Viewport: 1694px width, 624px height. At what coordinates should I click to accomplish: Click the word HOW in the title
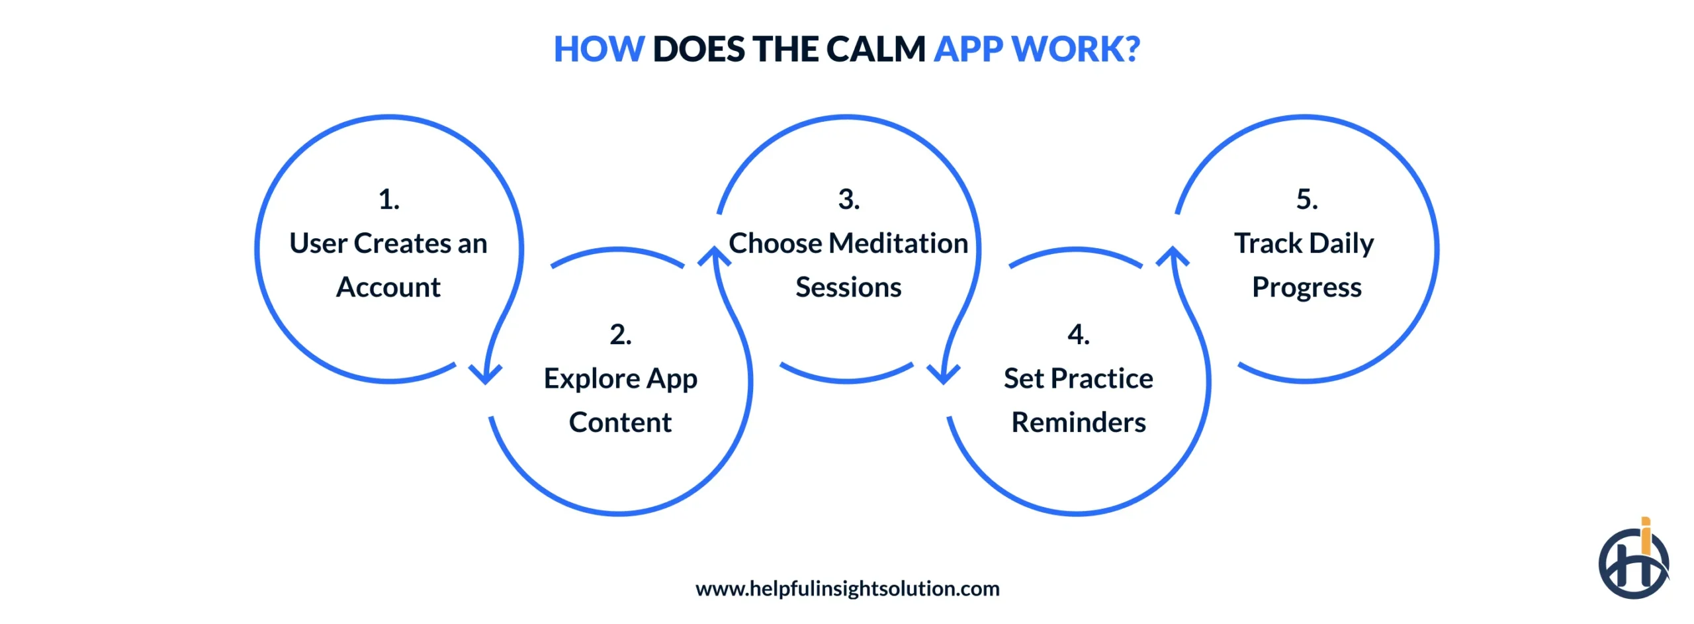point(598,50)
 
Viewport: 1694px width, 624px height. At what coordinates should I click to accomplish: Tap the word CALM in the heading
point(875,50)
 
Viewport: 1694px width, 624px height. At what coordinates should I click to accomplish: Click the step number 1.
point(388,199)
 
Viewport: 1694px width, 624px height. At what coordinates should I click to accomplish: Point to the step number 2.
point(620,334)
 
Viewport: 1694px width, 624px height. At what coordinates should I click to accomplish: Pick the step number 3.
point(848,199)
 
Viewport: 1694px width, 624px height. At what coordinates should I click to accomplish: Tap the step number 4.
point(1078,334)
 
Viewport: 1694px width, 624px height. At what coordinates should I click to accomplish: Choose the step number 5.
point(1306,199)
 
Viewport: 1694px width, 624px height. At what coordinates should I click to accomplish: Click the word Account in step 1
point(388,287)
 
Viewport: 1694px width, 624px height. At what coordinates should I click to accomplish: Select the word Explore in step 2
point(592,379)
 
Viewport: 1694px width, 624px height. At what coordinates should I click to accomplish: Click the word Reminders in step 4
point(1078,422)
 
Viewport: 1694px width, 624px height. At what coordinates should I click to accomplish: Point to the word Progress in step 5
point(1306,287)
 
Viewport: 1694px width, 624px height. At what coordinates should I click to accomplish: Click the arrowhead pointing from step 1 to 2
point(485,375)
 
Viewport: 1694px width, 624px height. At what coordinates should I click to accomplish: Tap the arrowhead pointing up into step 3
point(715,257)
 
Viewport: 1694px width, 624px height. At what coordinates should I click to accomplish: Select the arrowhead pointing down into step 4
point(943,375)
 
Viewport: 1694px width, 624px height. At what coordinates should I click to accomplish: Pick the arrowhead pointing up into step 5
point(1173,257)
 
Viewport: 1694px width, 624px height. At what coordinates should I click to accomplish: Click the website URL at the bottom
point(847,588)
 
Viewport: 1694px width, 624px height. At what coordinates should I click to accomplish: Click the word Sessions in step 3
point(848,287)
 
